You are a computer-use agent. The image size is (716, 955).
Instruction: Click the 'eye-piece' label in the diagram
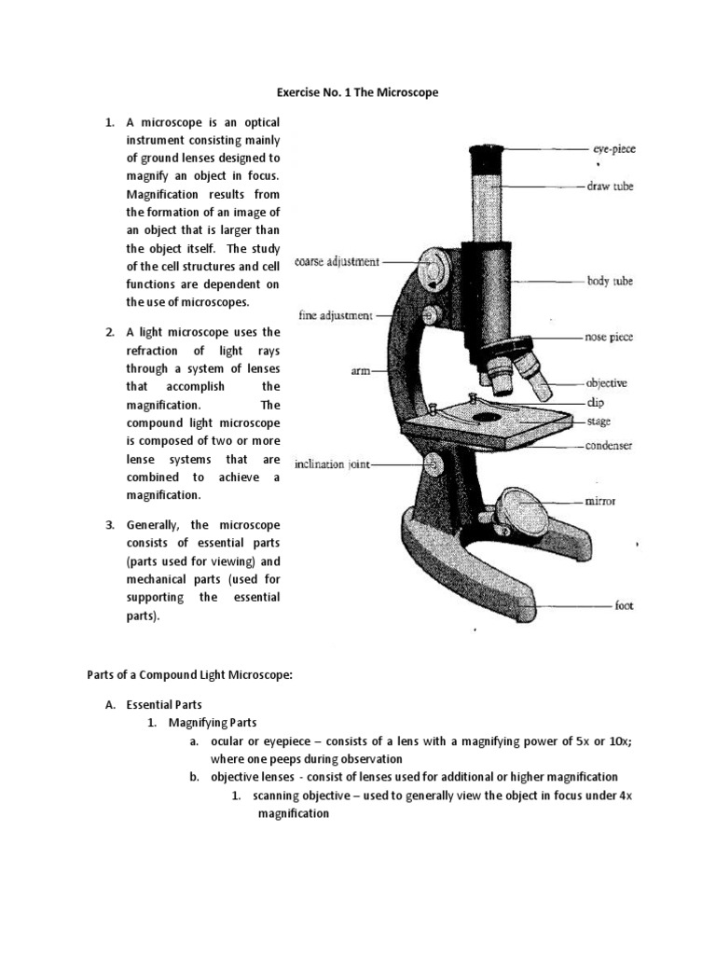(614, 148)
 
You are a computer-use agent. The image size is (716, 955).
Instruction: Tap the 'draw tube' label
(610, 187)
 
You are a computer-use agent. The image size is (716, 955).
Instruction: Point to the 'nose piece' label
(609, 337)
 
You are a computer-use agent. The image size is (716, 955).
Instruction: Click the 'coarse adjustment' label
(337, 262)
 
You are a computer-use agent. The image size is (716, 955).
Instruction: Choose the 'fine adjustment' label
(336, 315)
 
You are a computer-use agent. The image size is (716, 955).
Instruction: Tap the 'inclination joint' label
(333, 464)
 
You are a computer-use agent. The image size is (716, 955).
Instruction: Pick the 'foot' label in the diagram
(624, 605)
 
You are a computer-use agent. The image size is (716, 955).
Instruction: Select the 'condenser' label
(609, 446)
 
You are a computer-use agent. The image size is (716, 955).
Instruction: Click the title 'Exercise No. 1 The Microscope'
(357, 93)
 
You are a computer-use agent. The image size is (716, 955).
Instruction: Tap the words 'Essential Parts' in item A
(164, 704)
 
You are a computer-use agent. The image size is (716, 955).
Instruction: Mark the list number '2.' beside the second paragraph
(109, 332)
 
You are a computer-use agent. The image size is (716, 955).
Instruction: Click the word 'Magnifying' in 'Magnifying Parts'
(198, 723)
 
